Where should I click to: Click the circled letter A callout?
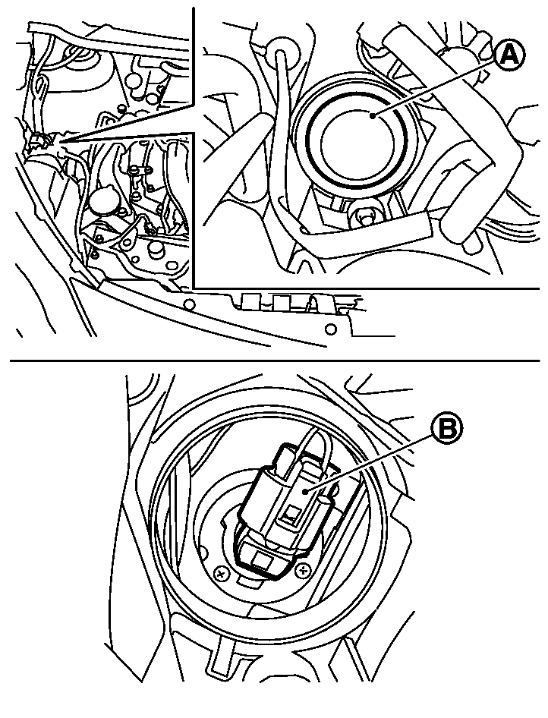click(x=510, y=56)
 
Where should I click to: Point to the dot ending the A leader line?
click(x=373, y=117)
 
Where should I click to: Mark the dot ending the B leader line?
click(x=305, y=491)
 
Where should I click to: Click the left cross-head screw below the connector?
click(x=222, y=573)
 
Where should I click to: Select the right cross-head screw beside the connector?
click(x=301, y=570)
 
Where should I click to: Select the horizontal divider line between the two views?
click(x=275, y=361)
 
